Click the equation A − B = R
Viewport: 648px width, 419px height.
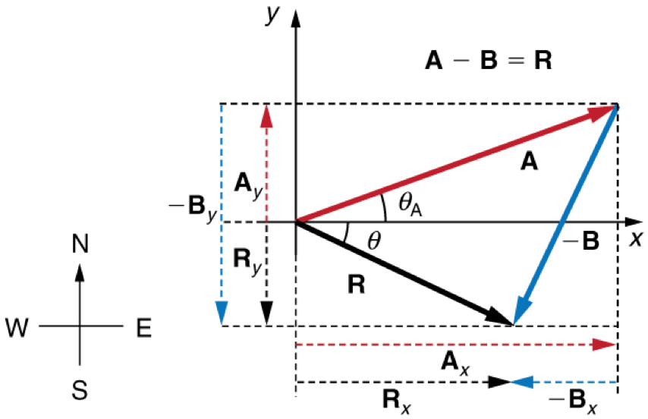click(488, 61)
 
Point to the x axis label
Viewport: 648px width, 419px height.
click(635, 238)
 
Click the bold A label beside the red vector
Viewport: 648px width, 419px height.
click(529, 161)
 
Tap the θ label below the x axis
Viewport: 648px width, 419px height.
click(373, 241)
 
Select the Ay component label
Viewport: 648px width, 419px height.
click(245, 184)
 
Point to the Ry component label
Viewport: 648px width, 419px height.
click(245, 262)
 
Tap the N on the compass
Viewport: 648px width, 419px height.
click(80, 244)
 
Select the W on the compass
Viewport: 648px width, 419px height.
click(20, 327)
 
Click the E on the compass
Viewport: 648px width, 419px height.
click(143, 327)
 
